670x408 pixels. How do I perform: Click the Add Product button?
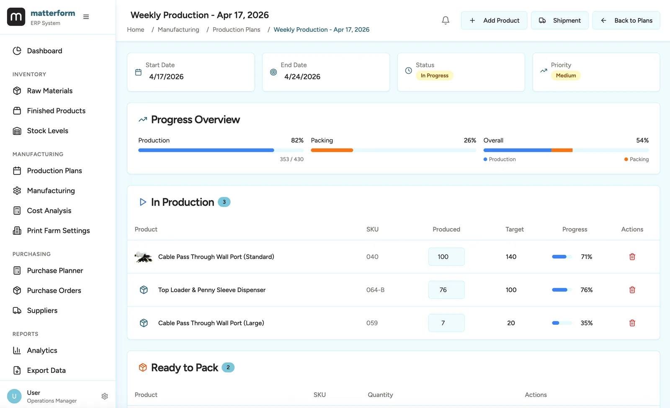[x=494, y=21]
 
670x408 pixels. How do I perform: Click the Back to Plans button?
[x=626, y=21]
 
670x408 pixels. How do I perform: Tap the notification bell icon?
[x=446, y=21]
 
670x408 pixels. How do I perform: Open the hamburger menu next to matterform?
[x=86, y=17]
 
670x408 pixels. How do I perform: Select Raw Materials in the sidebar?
[x=49, y=91]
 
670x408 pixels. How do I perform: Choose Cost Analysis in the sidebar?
[x=49, y=210]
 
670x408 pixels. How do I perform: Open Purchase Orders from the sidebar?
[x=54, y=290]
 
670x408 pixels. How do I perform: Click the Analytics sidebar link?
[x=42, y=350]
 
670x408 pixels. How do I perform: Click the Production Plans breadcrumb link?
[x=236, y=30]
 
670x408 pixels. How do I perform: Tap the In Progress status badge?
[x=434, y=76]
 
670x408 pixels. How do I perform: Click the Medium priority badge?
[x=566, y=76]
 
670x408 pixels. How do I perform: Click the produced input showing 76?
[x=446, y=290]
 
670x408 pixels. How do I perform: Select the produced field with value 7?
[x=446, y=323]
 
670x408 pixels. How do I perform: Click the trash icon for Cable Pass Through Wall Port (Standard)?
[x=632, y=257]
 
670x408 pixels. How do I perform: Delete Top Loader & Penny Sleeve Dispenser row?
[x=632, y=290]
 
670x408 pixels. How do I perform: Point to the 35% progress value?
[x=586, y=323]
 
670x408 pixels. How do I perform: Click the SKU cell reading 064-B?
[x=375, y=290]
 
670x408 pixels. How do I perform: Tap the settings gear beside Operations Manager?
[x=105, y=396]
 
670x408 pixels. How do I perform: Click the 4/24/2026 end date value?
[x=302, y=77]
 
